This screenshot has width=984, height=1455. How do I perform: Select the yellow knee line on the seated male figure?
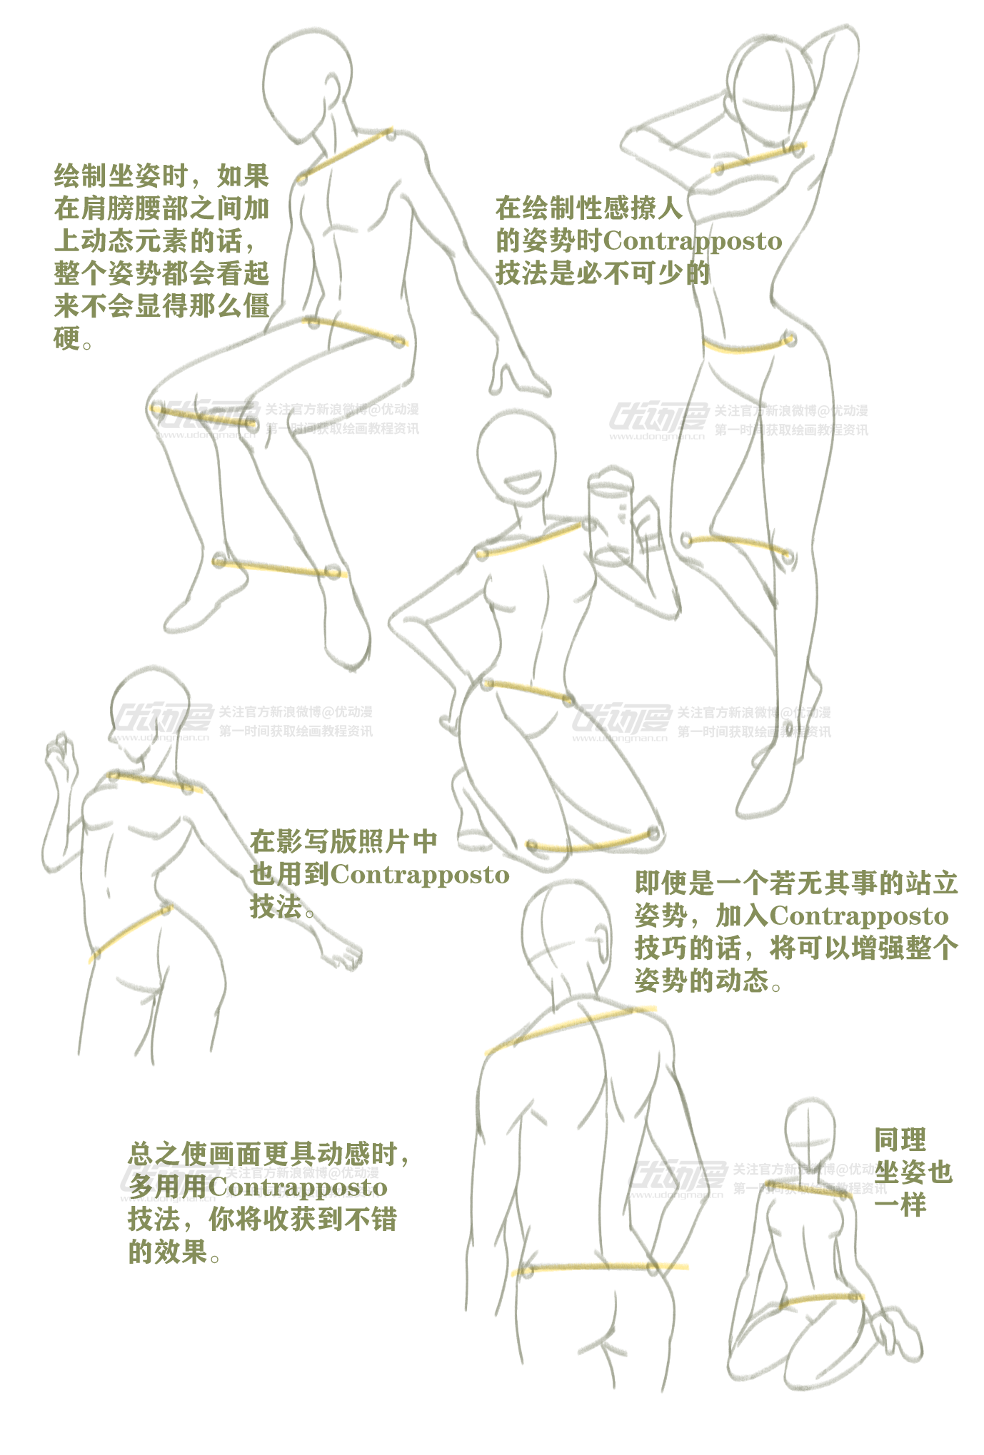point(204,419)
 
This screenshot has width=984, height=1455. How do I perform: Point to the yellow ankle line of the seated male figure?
point(278,568)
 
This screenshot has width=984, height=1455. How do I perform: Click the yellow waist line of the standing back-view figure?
point(593,1268)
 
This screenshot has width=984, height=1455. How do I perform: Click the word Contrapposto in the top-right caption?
point(693,241)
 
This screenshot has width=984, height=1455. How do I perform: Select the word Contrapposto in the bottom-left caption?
point(298,1187)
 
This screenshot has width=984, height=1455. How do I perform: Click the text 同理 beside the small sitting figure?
point(900,1140)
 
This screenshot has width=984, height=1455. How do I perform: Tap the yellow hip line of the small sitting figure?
point(821,1299)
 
